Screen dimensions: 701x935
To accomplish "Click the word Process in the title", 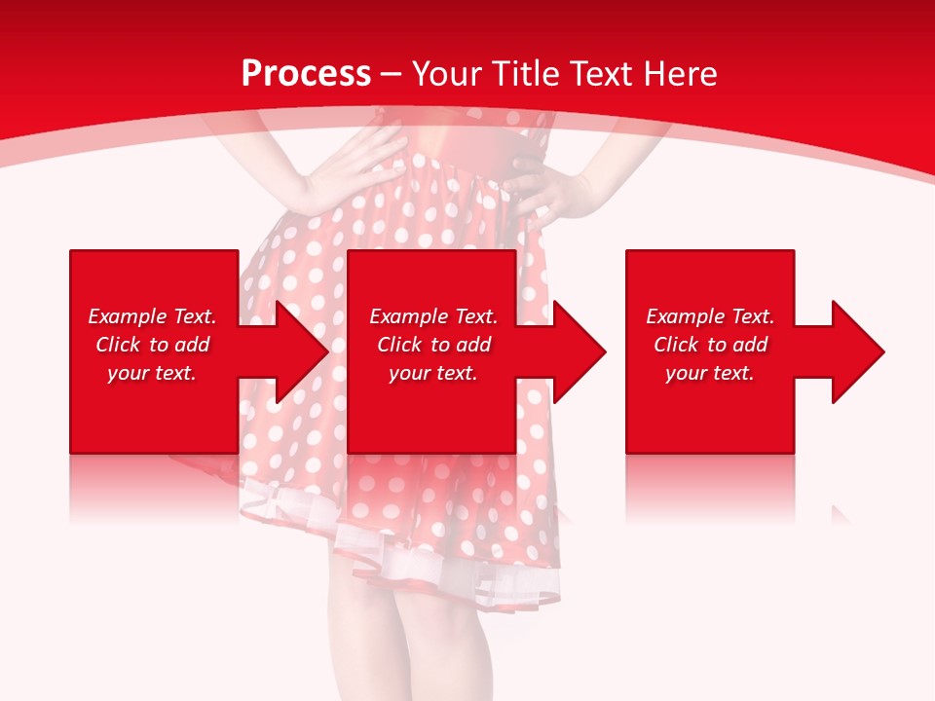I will tap(306, 73).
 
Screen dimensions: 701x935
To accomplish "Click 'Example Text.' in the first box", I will tap(152, 316).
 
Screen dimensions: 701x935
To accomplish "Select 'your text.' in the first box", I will tap(152, 373).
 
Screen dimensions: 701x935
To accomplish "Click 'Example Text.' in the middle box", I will tap(433, 316).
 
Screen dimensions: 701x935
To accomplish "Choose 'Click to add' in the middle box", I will tap(433, 345).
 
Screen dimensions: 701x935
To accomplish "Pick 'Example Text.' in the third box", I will tap(710, 316).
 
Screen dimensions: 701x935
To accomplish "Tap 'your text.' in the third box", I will tap(710, 373).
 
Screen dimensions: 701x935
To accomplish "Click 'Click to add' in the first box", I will tap(152, 345).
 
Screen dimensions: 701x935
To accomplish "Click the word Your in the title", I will tap(448, 73).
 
